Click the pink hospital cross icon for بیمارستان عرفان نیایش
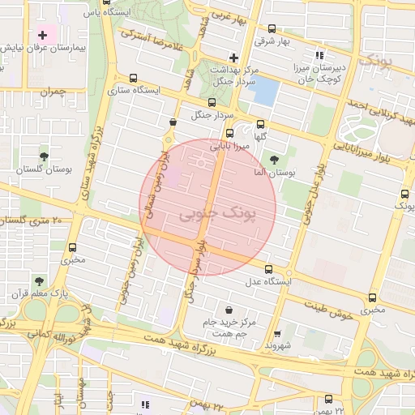click(x=42, y=35)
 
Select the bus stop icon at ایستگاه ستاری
click(x=133, y=79)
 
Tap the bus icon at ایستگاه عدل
click(x=268, y=270)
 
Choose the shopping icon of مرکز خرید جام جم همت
click(x=229, y=310)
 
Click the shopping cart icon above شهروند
click(x=278, y=333)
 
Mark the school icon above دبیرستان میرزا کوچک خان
click(x=319, y=55)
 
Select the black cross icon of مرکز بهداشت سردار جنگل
click(x=233, y=57)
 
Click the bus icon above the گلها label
click(x=260, y=125)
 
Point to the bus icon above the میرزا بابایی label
click(x=230, y=135)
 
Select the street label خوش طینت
click(x=329, y=310)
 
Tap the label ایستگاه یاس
click(x=107, y=12)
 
